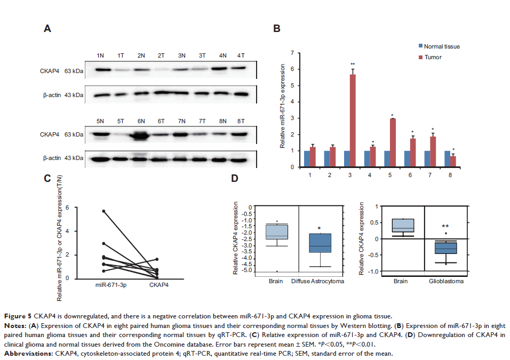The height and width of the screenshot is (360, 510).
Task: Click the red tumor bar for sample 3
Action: click(352, 121)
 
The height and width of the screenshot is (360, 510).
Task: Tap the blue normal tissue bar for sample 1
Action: click(307, 158)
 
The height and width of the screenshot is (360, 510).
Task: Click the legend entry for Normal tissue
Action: click(437, 46)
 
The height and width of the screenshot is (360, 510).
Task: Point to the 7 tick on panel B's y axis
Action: click(293, 53)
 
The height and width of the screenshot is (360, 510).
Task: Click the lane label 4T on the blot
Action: click(241, 55)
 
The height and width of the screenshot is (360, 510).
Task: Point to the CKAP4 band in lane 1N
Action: click(101, 69)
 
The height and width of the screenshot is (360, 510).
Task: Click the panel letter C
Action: click(46, 178)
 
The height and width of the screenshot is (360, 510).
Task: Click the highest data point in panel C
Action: click(103, 211)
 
